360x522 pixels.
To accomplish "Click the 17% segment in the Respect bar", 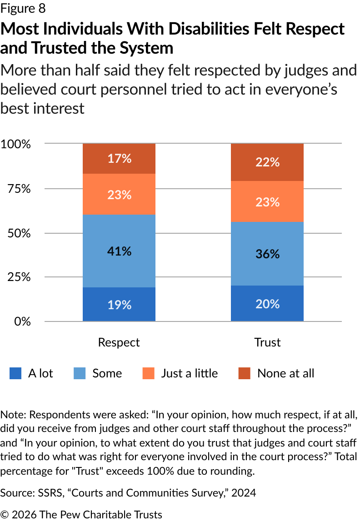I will (x=119, y=159).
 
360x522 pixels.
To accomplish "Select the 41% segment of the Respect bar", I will (x=119, y=251).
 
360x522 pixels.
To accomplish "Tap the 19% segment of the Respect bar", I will (x=119, y=304).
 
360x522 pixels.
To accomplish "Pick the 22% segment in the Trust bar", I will (x=267, y=162).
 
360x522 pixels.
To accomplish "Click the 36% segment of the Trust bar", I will (x=267, y=254).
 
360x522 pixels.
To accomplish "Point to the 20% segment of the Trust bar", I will (x=267, y=303).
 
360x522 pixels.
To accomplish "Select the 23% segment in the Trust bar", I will (x=267, y=201).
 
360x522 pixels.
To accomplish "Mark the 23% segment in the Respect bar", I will (x=119, y=194).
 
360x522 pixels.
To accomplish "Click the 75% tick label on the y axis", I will (x=19, y=189).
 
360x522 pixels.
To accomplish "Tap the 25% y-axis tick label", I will (x=19, y=277).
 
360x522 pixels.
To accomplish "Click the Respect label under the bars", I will (x=119, y=342).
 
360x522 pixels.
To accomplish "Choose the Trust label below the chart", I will (x=267, y=342).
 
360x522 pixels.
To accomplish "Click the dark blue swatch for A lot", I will (x=15, y=374).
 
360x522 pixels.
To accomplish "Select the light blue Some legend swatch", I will (x=80, y=374).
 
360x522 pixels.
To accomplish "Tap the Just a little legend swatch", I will (x=148, y=374).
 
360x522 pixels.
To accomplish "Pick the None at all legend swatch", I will (x=245, y=374).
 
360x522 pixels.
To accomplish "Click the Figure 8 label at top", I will (x=23, y=9).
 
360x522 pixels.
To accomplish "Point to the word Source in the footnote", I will (x=14, y=493).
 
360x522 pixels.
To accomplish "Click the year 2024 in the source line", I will (x=243, y=493).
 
